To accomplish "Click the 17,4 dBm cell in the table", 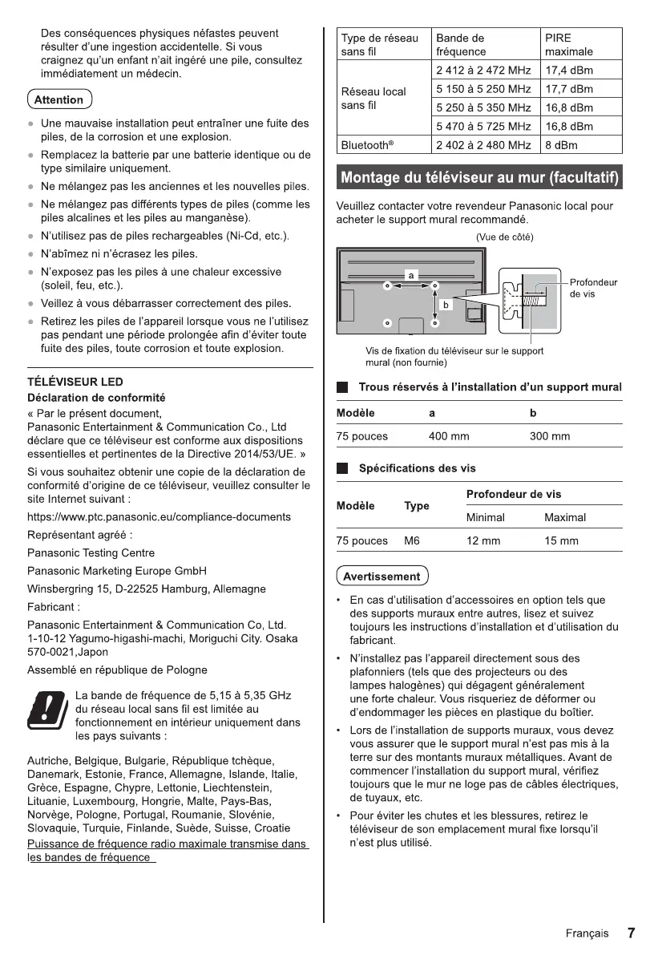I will (x=569, y=70).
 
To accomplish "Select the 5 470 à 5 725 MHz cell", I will (x=483, y=127).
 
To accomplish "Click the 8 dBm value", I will (x=561, y=145).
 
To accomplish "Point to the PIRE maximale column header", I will (x=569, y=45).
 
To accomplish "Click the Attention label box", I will (x=59, y=100).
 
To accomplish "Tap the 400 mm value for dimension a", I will (x=449, y=436).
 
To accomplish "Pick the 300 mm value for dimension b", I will (x=550, y=436).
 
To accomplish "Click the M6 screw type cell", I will (x=412, y=541).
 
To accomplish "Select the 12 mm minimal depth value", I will (x=483, y=541).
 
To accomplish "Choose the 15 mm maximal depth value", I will (x=561, y=541).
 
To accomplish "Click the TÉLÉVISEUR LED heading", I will (x=75, y=382).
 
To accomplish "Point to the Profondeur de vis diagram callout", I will (x=593, y=288).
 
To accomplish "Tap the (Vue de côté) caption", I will (x=504, y=237).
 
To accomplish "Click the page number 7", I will (x=631, y=933).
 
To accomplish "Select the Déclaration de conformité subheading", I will (x=96, y=397).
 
